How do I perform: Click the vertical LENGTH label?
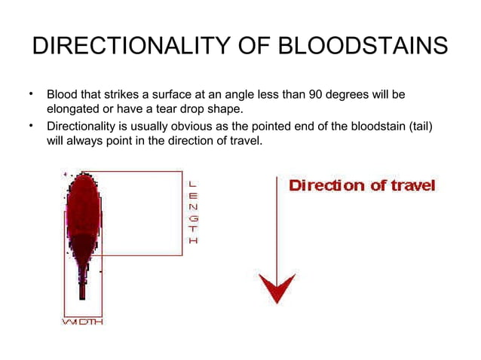tap(193, 212)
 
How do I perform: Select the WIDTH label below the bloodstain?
tap(82, 322)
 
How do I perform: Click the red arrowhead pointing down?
tap(277, 286)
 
